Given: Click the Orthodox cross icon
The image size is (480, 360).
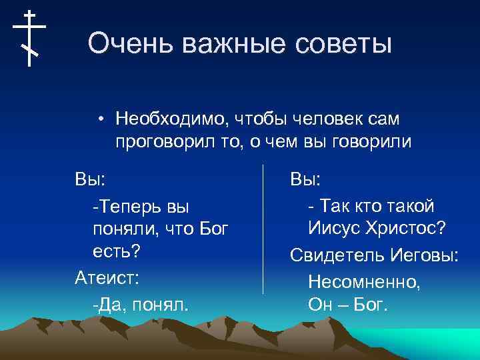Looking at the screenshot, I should coord(29,38).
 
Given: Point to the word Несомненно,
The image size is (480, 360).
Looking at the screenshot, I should coord(364,281).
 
